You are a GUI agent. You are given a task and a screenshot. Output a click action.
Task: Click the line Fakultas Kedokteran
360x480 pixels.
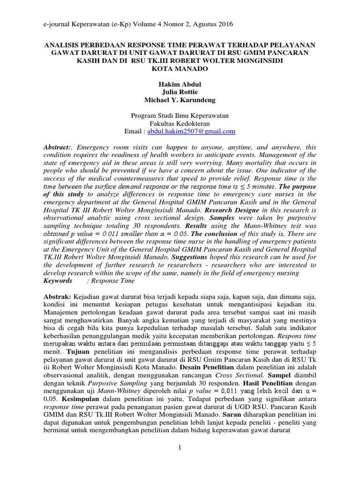click(x=180, y=123)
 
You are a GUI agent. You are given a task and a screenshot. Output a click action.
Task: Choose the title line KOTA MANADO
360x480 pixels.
click(x=180, y=68)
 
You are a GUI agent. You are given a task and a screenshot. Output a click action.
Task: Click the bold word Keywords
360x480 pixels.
click(x=58, y=281)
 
